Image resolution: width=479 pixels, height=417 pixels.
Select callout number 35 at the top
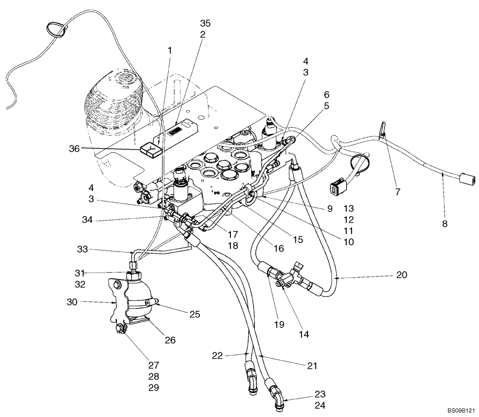(205, 23)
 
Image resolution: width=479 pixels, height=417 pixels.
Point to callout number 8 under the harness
(444, 223)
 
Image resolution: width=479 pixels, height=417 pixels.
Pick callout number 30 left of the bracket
(72, 302)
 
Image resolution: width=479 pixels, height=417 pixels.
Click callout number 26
(170, 340)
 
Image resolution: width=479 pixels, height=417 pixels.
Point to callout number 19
(279, 325)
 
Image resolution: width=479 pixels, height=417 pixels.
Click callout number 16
(279, 249)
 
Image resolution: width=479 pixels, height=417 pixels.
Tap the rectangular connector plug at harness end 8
(468, 179)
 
